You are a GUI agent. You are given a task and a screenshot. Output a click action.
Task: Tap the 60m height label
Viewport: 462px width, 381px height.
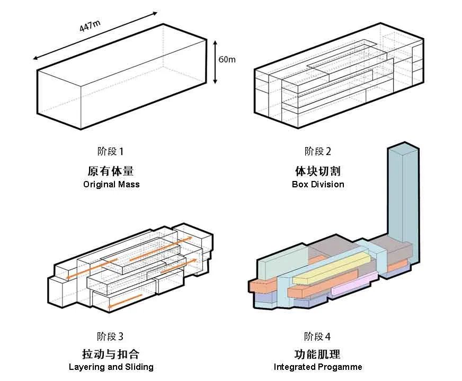[x=227, y=59]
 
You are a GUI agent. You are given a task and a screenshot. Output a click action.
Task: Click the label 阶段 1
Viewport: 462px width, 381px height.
[x=111, y=152]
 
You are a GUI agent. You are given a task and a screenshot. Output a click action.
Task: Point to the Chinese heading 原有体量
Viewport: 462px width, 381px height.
[x=111, y=171]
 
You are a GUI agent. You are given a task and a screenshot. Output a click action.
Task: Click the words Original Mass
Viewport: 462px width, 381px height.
[x=111, y=185]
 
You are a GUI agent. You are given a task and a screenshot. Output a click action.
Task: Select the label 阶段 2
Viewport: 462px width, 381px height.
[x=318, y=152]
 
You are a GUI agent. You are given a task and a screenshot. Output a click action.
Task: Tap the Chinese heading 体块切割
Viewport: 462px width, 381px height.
[x=318, y=171]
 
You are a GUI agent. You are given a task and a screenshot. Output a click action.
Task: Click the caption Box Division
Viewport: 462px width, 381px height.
[x=318, y=185]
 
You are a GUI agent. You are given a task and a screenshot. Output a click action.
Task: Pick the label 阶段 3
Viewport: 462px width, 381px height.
[x=111, y=336]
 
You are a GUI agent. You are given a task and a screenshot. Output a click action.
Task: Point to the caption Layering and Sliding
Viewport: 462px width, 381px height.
[x=111, y=367]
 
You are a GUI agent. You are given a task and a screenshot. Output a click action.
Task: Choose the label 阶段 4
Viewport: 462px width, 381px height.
[x=318, y=336]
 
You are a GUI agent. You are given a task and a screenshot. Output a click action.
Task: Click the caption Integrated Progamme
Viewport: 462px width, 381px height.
[x=318, y=367]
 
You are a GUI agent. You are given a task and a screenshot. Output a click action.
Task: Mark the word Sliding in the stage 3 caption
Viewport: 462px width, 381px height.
[x=139, y=367]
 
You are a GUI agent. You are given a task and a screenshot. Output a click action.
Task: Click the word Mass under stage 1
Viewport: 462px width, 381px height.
[x=129, y=185]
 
